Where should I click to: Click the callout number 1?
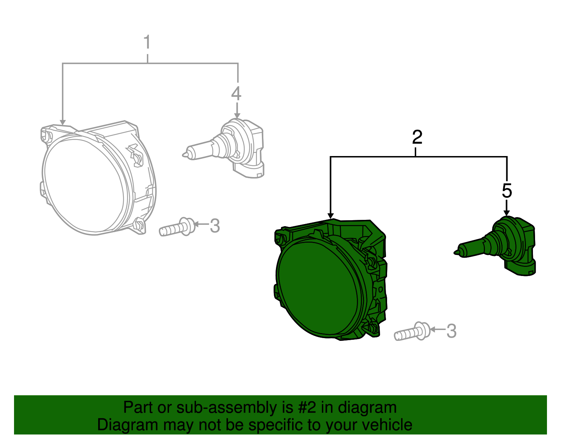[147, 42]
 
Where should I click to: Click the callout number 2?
[417, 137]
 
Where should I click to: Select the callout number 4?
[236, 94]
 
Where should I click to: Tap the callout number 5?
[507, 191]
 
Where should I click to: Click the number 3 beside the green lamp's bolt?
[451, 331]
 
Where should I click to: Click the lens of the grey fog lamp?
[84, 186]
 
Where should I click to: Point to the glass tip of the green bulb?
[456, 252]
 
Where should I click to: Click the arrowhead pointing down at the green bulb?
[507, 213]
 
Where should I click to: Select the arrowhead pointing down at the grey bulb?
[237, 115]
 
